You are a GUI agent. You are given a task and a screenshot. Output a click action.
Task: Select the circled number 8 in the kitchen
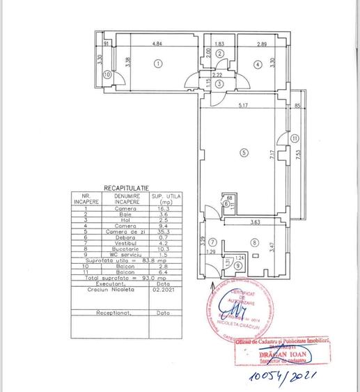point(255,243)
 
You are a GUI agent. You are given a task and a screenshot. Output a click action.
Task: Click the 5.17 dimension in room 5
point(242,106)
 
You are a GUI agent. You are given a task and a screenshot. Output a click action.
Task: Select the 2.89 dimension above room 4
point(261,45)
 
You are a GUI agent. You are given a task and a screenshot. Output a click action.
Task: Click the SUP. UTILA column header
point(165,199)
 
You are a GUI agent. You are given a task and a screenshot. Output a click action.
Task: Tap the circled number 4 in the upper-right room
point(258,65)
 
